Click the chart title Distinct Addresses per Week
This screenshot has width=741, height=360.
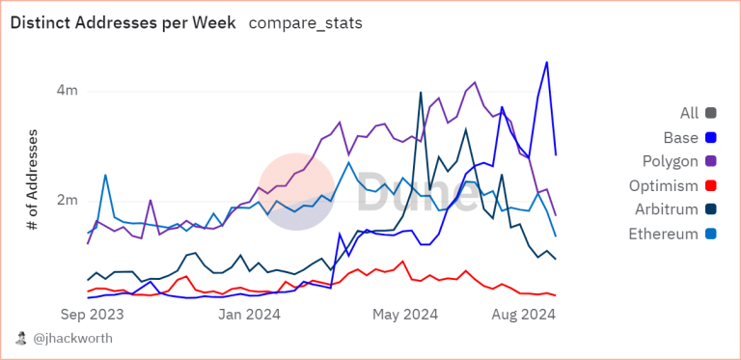tap(123, 24)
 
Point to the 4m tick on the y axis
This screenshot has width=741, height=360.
tap(67, 91)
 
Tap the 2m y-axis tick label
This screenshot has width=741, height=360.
tap(67, 201)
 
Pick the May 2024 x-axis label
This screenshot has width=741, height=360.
tap(405, 314)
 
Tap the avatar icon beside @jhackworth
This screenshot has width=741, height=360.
tap(21, 339)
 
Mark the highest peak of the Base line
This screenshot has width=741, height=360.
tap(547, 63)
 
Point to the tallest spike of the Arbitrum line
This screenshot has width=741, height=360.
tap(421, 93)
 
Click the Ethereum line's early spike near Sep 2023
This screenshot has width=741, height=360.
tap(105, 175)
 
